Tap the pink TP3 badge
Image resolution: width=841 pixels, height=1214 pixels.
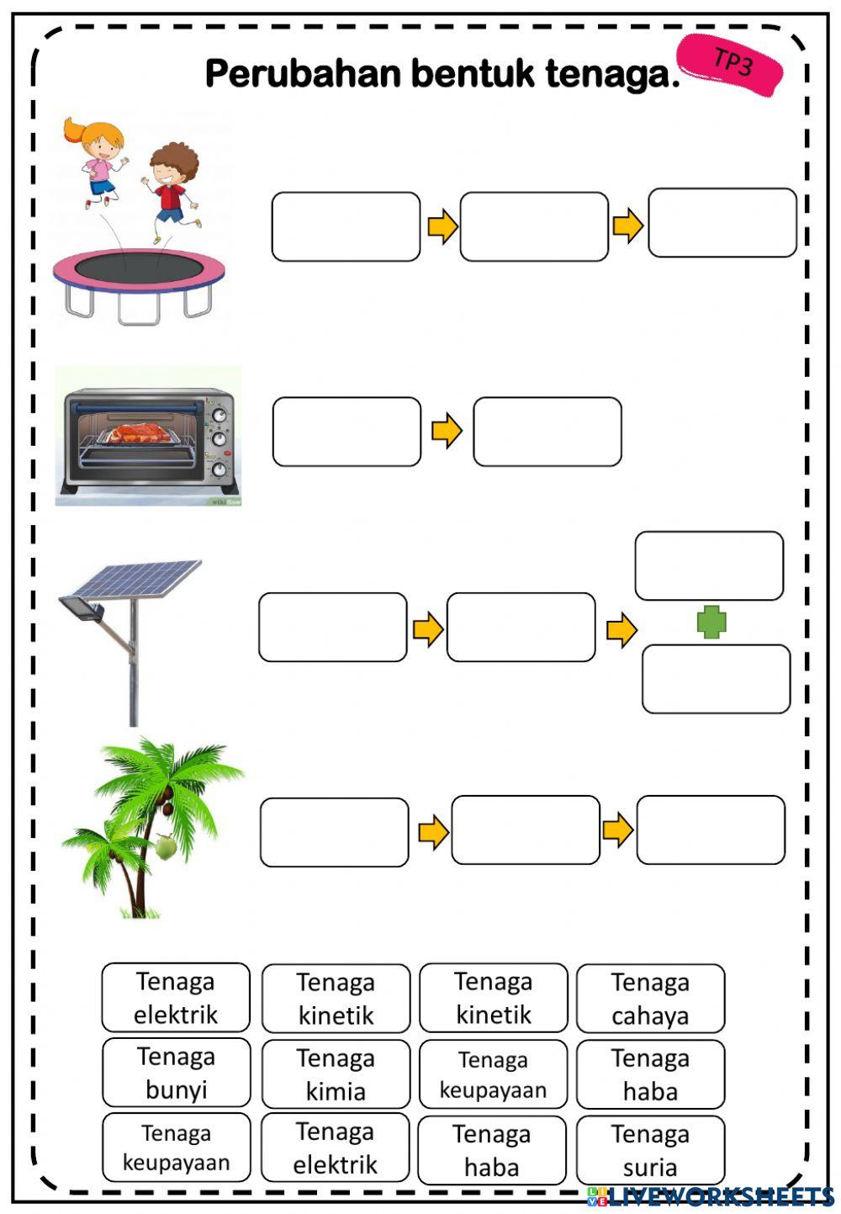[730, 64]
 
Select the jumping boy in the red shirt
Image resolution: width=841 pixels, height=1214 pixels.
[172, 189]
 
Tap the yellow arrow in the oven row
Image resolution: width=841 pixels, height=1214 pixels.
[447, 431]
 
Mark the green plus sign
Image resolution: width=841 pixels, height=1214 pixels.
[711, 623]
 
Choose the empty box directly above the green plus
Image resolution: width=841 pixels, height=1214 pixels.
[709, 565]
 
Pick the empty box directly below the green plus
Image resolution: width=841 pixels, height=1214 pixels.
[716, 679]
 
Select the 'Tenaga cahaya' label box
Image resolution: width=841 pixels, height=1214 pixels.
[650, 999]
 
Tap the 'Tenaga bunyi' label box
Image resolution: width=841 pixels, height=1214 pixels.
[176, 1073]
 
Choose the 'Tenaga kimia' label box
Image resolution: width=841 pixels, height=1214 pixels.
[336, 1074]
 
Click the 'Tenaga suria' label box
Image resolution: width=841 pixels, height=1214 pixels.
[650, 1150]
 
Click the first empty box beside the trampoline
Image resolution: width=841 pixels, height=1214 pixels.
[346, 226]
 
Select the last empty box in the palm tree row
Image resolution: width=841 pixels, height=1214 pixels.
[711, 830]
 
